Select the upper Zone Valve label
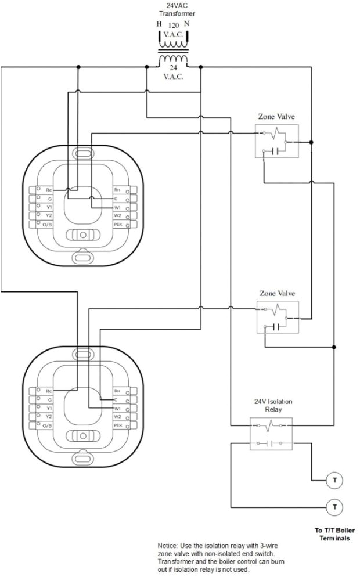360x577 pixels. pyautogui.click(x=277, y=117)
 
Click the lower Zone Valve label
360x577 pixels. pyautogui.click(x=277, y=293)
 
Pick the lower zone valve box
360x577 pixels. pyautogui.click(x=277, y=317)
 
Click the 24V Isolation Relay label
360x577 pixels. pyautogui.click(x=271, y=405)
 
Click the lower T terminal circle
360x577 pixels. pyautogui.click(x=334, y=506)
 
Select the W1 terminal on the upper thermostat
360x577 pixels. pyautogui.click(x=118, y=207)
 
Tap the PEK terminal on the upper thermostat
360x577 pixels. pyautogui.click(x=118, y=223)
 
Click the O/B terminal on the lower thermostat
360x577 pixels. pyautogui.click(x=46, y=425)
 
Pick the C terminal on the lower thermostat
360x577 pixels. pyautogui.click(x=117, y=400)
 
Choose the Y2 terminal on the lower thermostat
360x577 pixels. pyautogui.click(x=48, y=417)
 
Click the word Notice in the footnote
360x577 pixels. pyautogui.click(x=168, y=546)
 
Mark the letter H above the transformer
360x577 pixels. pyautogui.click(x=159, y=24)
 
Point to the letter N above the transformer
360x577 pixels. pyautogui.click(x=186, y=24)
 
